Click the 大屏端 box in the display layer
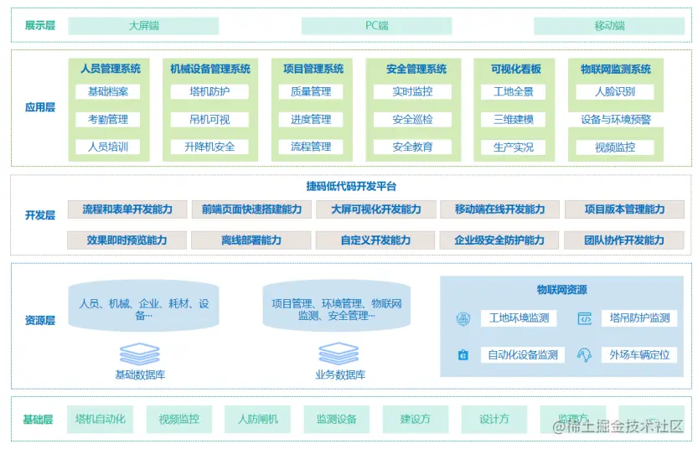(143, 26)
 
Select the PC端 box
(376, 26)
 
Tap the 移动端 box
(609, 26)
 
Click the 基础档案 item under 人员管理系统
(108, 92)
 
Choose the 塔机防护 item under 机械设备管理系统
(209, 92)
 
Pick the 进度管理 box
(311, 120)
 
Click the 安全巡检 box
(412, 120)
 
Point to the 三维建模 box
(513, 120)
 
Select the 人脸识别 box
(615, 92)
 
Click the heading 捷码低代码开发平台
(351, 186)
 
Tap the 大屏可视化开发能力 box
(375, 209)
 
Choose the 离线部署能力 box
(251, 240)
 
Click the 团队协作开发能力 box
(624, 240)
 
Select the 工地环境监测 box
(519, 318)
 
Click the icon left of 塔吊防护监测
(585, 318)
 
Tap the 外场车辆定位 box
(639, 355)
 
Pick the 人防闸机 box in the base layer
(257, 419)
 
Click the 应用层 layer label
(39, 108)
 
